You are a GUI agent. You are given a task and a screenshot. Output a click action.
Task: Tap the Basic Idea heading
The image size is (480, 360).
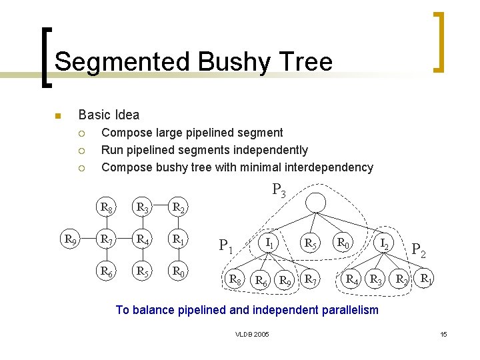(109, 115)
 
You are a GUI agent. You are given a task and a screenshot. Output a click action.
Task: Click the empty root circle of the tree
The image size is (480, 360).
(316, 202)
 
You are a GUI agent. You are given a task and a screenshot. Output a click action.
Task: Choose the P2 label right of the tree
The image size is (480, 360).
(419, 251)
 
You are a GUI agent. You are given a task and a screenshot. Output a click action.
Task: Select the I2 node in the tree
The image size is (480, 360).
(384, 243)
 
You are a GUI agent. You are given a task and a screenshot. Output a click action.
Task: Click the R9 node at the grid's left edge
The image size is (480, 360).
(69, 237)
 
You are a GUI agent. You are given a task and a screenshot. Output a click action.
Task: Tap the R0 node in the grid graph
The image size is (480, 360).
(177, 271)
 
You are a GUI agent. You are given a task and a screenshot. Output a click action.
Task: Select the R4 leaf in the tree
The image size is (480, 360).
(351, 278)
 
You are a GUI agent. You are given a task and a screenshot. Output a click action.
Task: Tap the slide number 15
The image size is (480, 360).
(443, 333)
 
